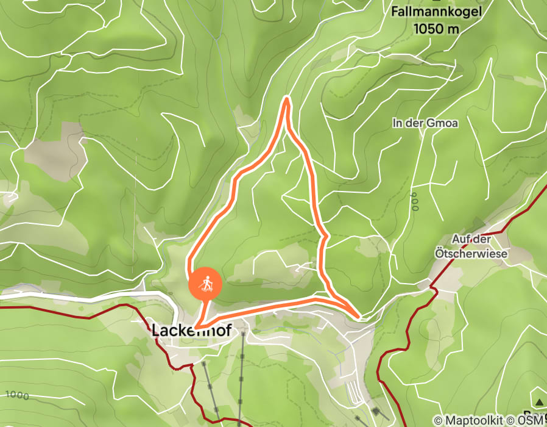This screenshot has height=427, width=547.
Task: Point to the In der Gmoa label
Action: point(425,123)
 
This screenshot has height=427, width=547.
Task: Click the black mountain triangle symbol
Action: point(540,403)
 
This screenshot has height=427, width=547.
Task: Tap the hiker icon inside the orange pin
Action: point(205,283)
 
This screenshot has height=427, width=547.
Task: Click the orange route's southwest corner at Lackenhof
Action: point(196,328)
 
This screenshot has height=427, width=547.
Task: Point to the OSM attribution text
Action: point(532,420)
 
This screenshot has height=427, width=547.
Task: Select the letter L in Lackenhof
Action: point(155,330)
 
